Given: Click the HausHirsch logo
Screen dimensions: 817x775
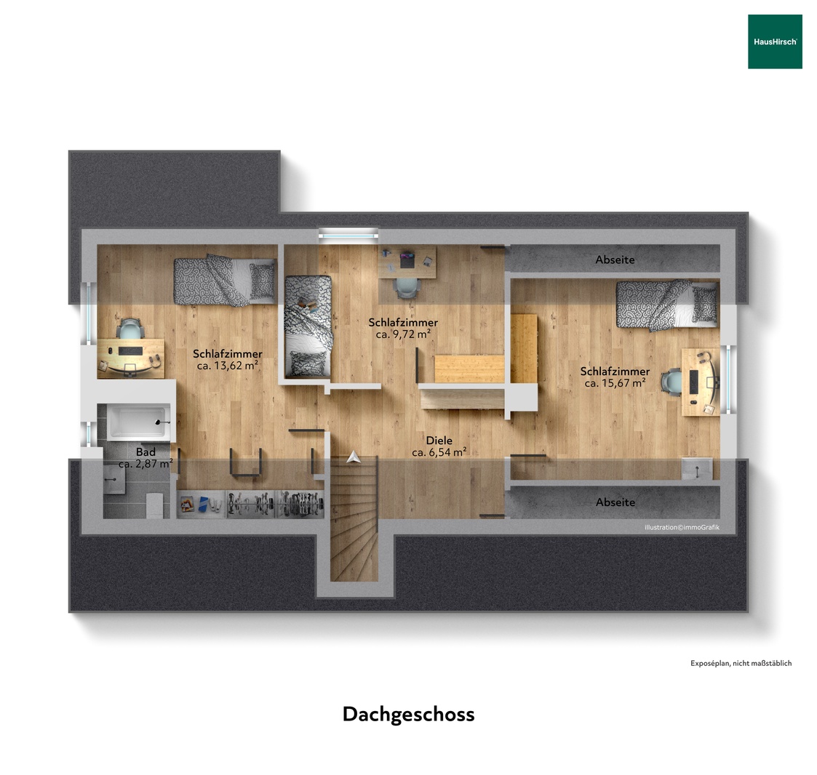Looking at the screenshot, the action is tap(775, 41).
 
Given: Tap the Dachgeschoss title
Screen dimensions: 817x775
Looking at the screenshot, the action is tap(409, 714).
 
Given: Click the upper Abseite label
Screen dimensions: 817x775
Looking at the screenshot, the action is tap(615, 260).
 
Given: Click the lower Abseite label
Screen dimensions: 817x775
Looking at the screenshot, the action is tap(615, 502).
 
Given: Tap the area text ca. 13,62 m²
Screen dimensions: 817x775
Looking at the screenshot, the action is tap(228, 366).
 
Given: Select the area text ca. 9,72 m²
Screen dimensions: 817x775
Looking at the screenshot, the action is tap(403, 334).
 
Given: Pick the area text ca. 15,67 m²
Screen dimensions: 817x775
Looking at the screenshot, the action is tap(615, 383).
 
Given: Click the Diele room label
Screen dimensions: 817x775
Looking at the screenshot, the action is tap(439, 440).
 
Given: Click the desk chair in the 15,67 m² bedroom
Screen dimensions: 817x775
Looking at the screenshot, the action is tap(671, 381).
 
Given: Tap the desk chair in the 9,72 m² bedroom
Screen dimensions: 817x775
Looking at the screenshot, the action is tap(407, 288).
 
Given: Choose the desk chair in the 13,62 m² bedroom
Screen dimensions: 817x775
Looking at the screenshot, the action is tap(129, 329).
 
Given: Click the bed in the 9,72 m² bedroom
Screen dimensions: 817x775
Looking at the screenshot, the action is tap(308, 326).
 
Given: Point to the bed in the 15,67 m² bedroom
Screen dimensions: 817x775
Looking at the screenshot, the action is tap(666, 305).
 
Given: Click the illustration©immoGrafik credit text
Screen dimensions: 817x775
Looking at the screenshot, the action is tap(682, 527).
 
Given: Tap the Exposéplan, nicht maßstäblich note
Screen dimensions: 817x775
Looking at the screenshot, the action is tap(741, 663).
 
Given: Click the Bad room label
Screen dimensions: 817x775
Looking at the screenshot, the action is tap(146, 452).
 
